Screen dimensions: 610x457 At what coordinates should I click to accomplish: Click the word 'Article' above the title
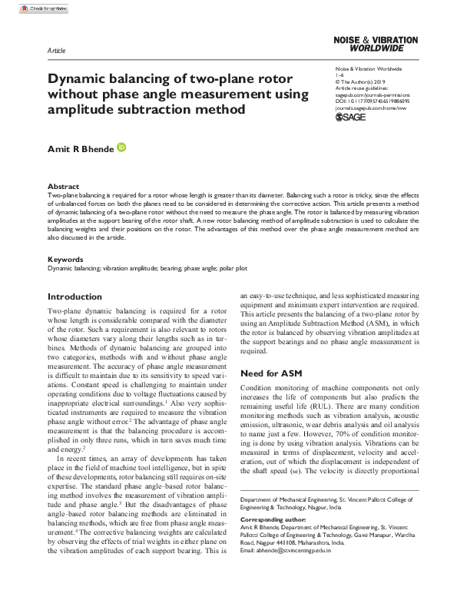[57, 50]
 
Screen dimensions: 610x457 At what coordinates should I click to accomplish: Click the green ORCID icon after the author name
[122, 147]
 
